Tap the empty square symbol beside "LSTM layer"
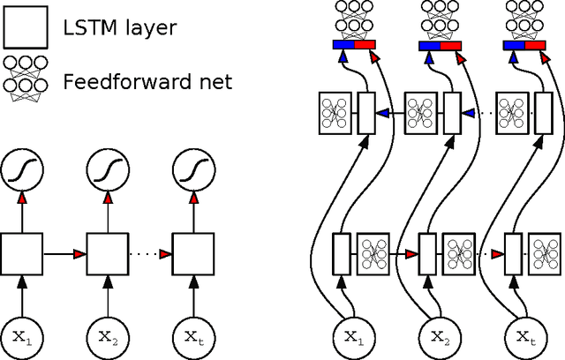tap(24, 28)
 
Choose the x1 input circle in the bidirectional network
tap(351, 336)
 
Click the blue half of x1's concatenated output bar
tap(343, 44)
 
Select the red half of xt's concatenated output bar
tap(536, 44)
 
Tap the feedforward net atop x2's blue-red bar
tap(439, 19)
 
